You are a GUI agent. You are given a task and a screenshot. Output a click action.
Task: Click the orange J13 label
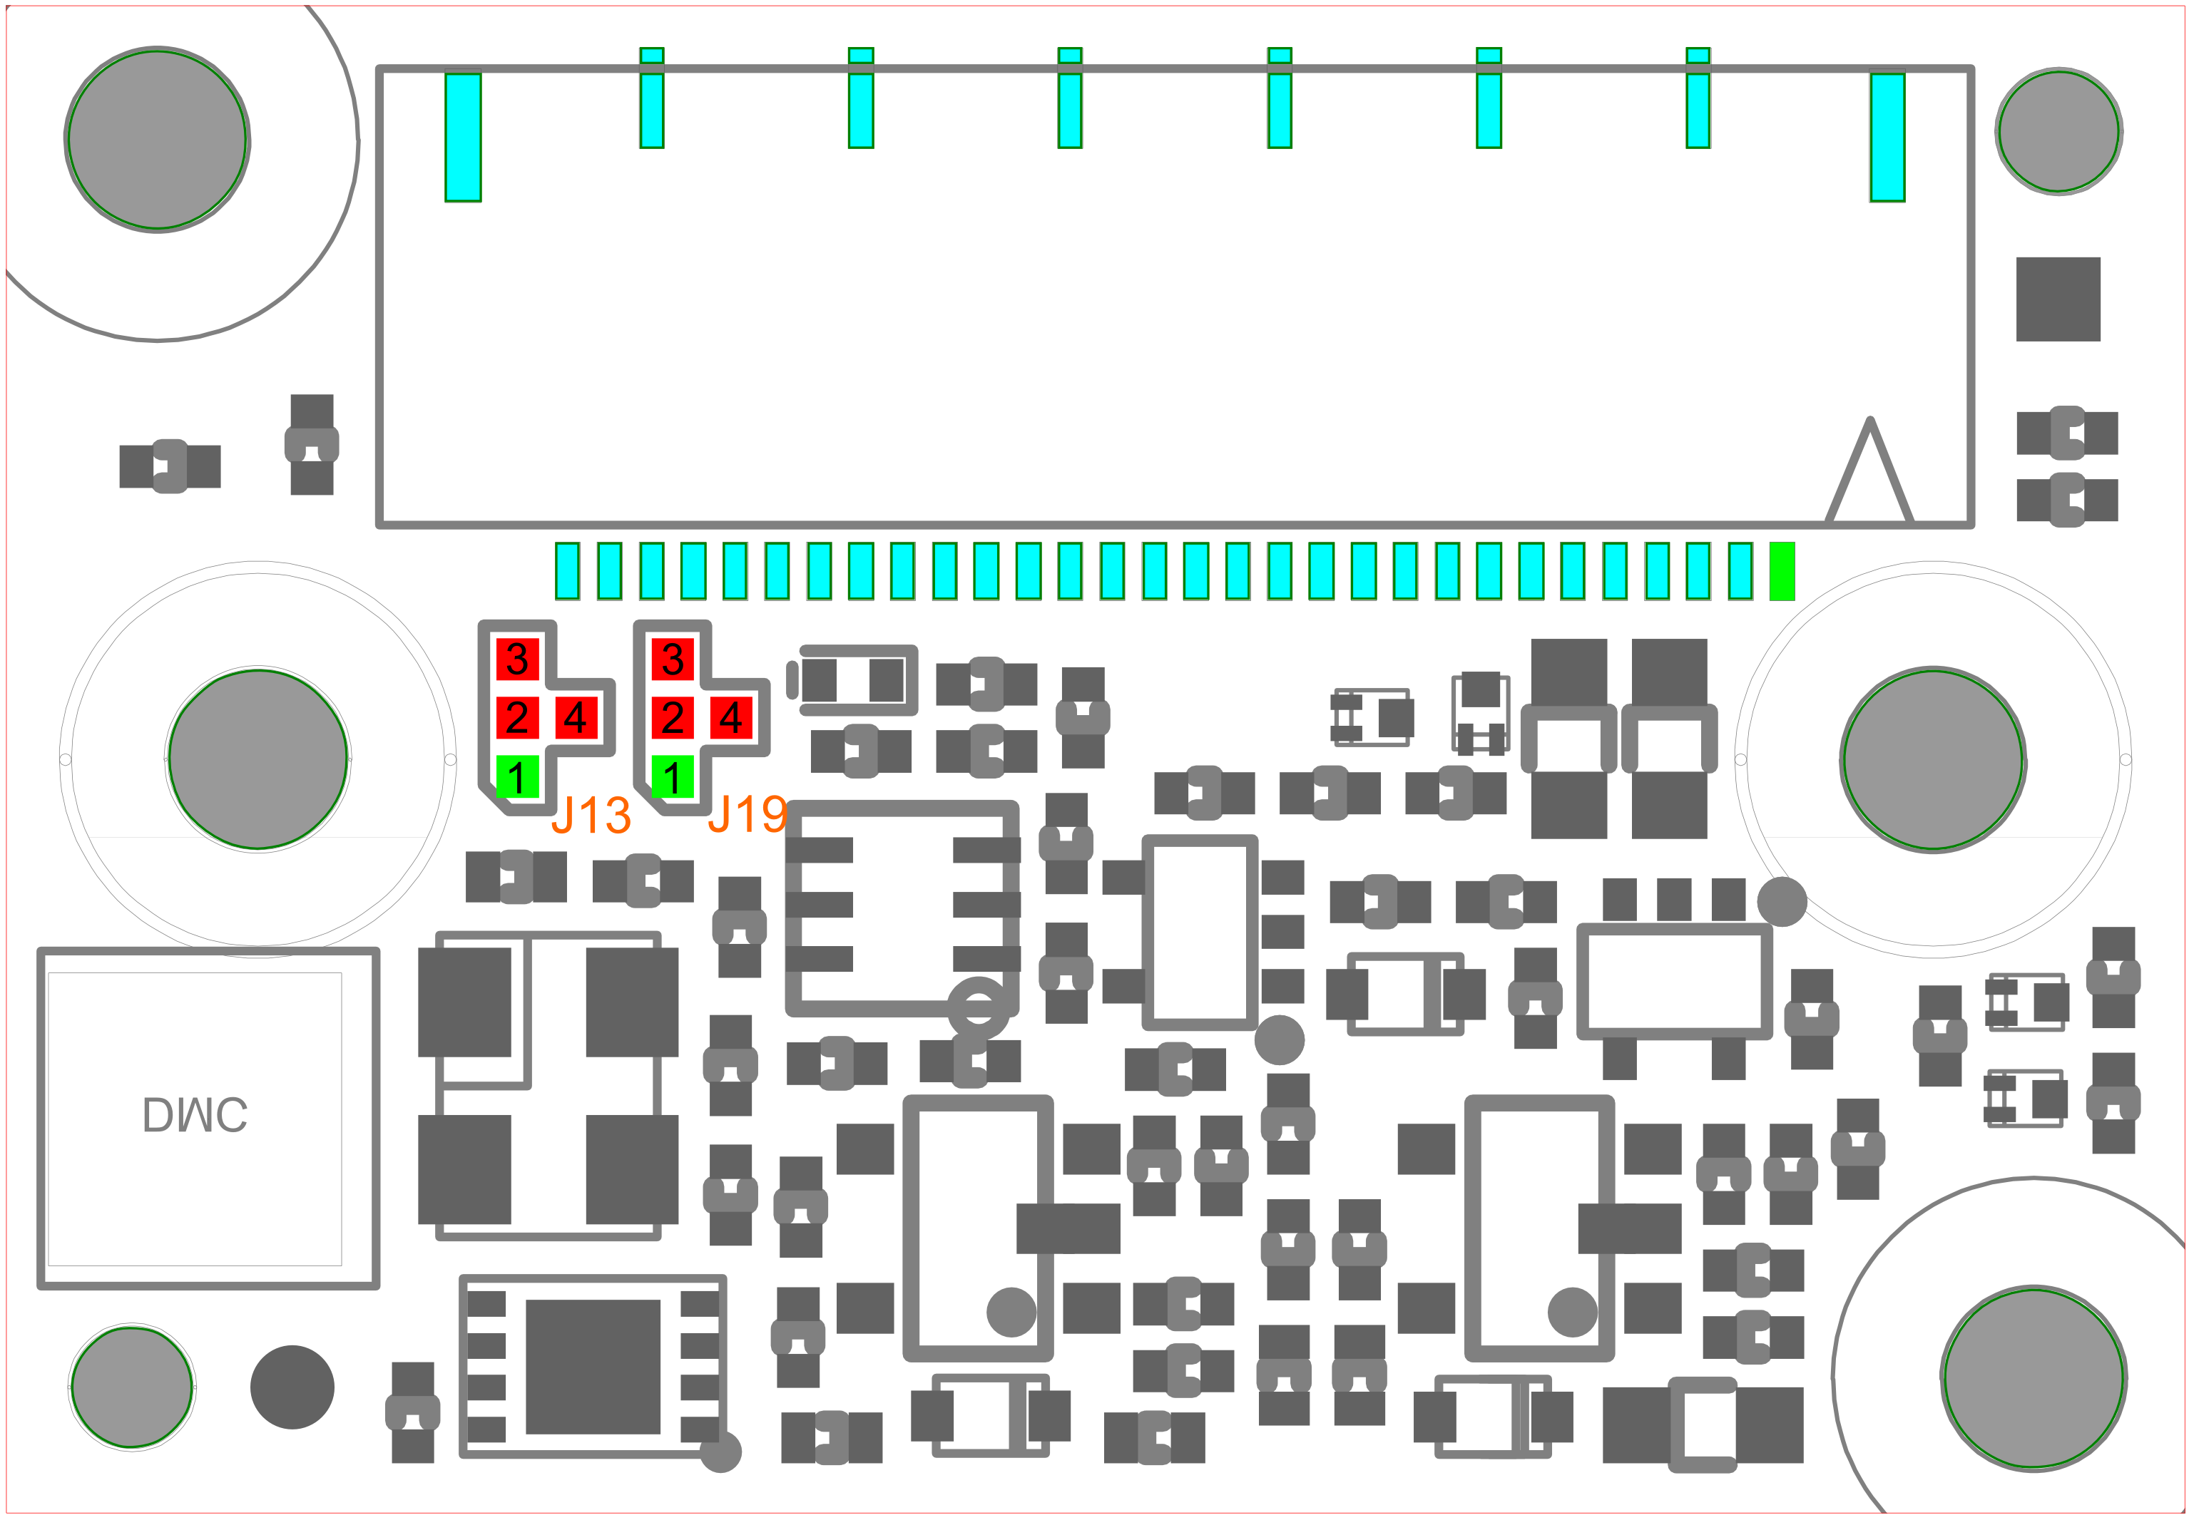pos(591,815)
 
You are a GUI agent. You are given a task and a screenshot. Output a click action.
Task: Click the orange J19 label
pos(748,814)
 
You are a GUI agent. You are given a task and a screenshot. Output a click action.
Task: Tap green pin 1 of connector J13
pos(517,776)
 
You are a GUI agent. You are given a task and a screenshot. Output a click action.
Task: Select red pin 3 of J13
pos(517,658)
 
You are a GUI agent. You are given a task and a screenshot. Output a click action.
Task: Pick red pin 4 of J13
pos(576,717)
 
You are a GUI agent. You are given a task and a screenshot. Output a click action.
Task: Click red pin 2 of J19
pos(673,717)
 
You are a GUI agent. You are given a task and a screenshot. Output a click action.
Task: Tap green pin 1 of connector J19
pos(673,776)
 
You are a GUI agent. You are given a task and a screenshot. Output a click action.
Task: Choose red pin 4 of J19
pos(730,717)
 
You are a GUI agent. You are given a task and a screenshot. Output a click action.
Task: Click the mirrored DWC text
pos(195,1114)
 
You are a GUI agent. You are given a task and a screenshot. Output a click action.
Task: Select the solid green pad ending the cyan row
pos(1782,572)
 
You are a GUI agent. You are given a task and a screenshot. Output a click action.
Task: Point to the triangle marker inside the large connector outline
pos(1869,471)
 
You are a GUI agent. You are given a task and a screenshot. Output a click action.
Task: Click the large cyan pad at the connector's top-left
pos(463,137)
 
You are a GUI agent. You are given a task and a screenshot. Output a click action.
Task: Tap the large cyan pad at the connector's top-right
pos(1887,137)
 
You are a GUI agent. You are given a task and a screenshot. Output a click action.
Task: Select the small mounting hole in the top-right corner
pos(2058,131)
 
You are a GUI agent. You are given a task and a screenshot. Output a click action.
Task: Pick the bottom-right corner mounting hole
pos(2034,1377)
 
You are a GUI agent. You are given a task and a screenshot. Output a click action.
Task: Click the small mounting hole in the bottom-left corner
pos(133,1387)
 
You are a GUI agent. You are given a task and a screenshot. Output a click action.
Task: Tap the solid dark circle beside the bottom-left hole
pos(292,1387)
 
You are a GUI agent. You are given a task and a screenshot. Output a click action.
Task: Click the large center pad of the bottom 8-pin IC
pos(593,1367)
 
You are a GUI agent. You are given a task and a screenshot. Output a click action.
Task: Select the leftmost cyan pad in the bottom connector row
pos(567,572)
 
